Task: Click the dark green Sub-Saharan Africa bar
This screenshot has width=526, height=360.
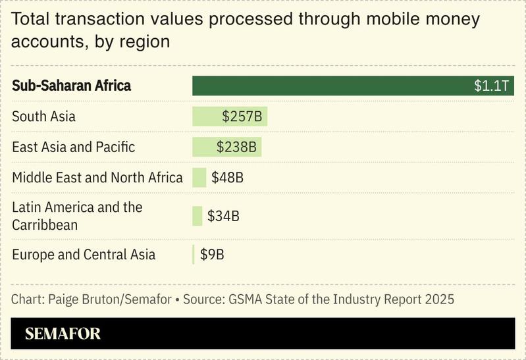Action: tap(329, 86)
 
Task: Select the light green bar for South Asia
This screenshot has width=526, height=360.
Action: tap(206, 116)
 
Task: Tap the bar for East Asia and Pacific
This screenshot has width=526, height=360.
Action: tap(203, 147)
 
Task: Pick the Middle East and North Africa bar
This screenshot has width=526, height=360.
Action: tap(199, 178)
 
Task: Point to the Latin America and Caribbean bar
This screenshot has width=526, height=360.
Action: tap(197, 216)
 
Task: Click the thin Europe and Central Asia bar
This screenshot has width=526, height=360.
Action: tap(194, 254)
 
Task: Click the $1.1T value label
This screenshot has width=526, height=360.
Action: tap(491, 86)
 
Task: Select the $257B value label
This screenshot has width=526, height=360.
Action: tap(242, 116)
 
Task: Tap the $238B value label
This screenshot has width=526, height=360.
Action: tap(236, 147)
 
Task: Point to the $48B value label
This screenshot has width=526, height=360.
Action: tap(228, 178)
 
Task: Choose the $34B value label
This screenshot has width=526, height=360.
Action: tap(223, 216)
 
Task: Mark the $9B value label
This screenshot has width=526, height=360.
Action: tap(212, 254)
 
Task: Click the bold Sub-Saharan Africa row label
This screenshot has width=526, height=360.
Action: tap(71, 86)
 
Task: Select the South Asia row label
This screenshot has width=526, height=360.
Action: tap(43, 116)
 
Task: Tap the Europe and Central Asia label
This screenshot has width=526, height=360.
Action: tap(84, 254)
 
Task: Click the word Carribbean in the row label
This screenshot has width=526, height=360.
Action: tap(45, 225)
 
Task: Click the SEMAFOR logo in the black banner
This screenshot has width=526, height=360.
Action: tap(63, 334)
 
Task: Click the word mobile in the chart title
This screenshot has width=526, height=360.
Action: tap(374, 19)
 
